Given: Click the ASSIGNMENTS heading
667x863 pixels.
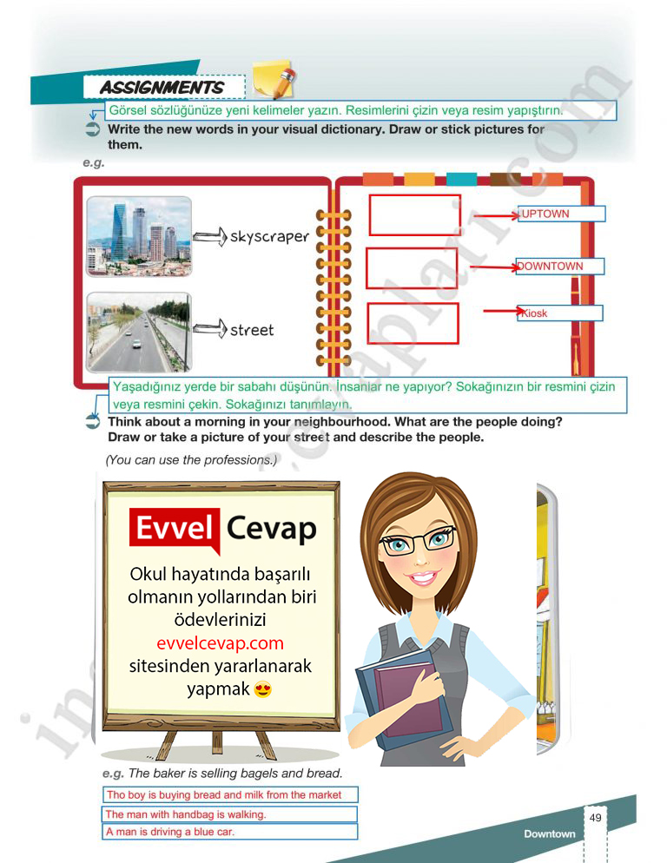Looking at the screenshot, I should [162, 88].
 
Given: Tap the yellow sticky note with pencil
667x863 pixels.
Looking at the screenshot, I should [273, 79].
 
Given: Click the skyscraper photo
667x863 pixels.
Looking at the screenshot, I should [139, 236].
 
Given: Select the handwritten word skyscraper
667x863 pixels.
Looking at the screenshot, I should [269, 236].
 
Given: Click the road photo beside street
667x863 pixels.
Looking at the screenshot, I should [139, 332].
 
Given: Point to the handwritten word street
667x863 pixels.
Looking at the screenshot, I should [252, 330].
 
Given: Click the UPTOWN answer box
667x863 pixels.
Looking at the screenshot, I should [560, 214].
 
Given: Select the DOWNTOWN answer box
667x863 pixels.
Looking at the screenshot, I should [559, 267].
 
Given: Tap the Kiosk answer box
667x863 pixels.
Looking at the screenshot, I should [559, 313].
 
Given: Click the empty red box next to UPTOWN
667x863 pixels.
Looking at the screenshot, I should [415, 214].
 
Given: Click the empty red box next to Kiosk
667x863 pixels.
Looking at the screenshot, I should [413, 324].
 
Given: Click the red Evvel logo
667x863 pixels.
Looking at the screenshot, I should [174, 528].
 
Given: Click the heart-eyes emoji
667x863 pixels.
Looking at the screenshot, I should [263, 690].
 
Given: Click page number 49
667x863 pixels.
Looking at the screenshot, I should [595, 818].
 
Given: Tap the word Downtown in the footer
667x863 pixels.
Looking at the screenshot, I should [549, 834].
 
